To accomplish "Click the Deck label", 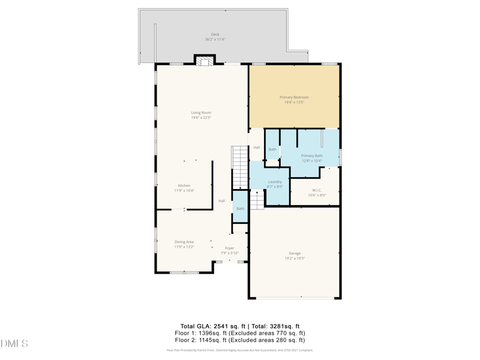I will (215, 34).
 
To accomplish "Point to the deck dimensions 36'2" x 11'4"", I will (215, 40).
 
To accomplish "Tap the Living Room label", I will (201, 113).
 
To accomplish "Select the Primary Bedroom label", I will (294, 97).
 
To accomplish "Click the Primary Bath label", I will (311, 156).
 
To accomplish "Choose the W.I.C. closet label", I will (317, 190).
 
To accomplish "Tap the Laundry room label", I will (275, 182).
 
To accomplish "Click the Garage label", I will (295, 253).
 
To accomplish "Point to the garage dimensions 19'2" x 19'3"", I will (295, 259).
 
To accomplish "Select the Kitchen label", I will (184, 186).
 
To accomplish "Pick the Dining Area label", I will (184, 242).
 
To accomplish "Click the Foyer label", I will (229, 248).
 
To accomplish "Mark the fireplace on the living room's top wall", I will (204, 60).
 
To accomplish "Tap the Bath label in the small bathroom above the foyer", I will (240, 209).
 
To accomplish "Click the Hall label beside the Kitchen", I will (221, 201).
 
